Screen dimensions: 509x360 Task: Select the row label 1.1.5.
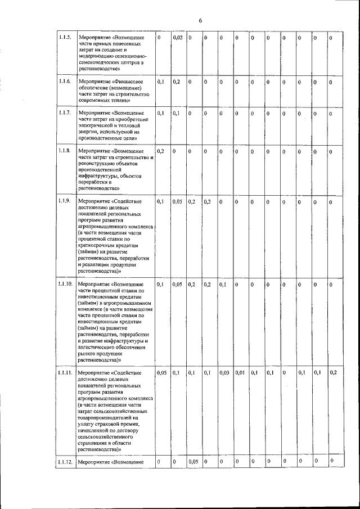tap(64, 38)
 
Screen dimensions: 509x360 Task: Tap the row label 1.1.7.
tap(64, 113)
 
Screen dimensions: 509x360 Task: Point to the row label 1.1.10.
tap(65, 285)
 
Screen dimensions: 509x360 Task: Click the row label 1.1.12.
tap(65, 462)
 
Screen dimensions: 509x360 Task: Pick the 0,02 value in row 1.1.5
tap(177, 38)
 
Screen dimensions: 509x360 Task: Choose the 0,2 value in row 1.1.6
tap(176, 82)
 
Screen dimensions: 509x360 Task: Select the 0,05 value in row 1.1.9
tap(177, 201)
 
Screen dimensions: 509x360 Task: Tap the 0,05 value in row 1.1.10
tap(177, 285)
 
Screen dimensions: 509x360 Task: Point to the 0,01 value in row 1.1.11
tap(240, 373)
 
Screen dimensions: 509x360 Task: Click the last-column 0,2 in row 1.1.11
tap(334, 373)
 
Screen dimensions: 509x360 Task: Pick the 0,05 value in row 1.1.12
tap(193, 462)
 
